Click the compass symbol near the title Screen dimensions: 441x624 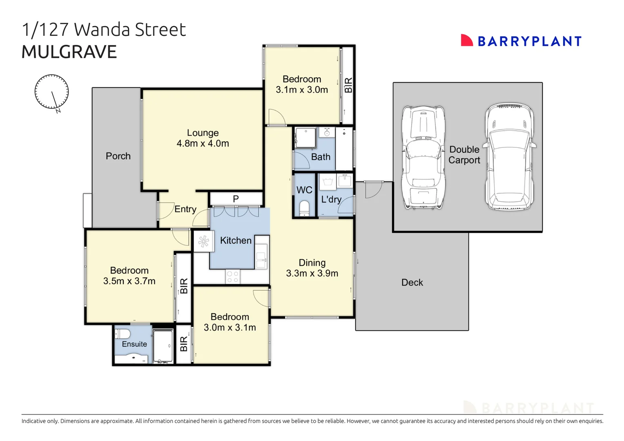(51, 92)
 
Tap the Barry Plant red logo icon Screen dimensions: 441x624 (466, 40)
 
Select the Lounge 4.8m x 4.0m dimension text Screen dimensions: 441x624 (203, 144)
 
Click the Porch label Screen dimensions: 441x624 (118, 156)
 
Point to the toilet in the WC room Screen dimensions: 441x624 (304, 207)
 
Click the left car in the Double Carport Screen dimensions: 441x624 (423, 158)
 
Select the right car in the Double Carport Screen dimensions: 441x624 (509, 157)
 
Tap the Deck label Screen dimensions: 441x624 (412, 283)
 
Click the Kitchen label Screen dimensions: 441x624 (236, 241)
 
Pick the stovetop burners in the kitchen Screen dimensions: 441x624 (232, 277)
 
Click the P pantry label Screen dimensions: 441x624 (236, 199)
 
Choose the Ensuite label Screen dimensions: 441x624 (134, 344)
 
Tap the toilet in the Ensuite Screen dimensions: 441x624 (123, 334)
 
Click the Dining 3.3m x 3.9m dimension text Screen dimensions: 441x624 (312, 274)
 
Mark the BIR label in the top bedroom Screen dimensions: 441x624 (348, 85)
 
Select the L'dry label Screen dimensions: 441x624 (331, 199)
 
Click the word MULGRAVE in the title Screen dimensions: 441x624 (69, 52)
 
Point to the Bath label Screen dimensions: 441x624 (321, 157)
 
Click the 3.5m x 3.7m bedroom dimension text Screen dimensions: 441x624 (129, 281)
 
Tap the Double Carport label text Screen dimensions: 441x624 (464, 155)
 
